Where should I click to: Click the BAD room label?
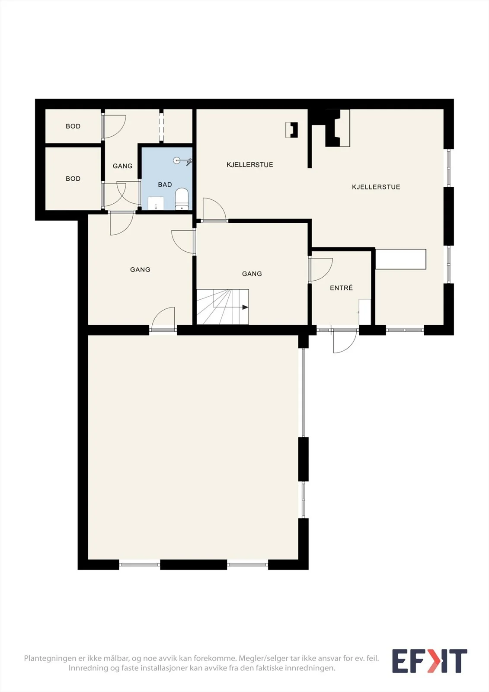pos(165,185)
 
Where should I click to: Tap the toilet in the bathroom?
pos(182,199)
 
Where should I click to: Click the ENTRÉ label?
pos(341,288)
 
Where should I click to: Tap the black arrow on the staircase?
pos(245,308)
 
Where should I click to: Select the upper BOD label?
pos(73,126)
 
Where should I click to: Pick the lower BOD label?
pos(73,179)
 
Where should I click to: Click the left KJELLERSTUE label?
pos(249,165)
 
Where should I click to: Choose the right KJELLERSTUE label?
pos(376,187)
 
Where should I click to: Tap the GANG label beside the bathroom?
pos(122,166)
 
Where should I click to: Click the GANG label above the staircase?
pos(252,274)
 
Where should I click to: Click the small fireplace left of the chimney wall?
pos(291,130)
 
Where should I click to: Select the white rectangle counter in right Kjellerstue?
pos(401,259)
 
